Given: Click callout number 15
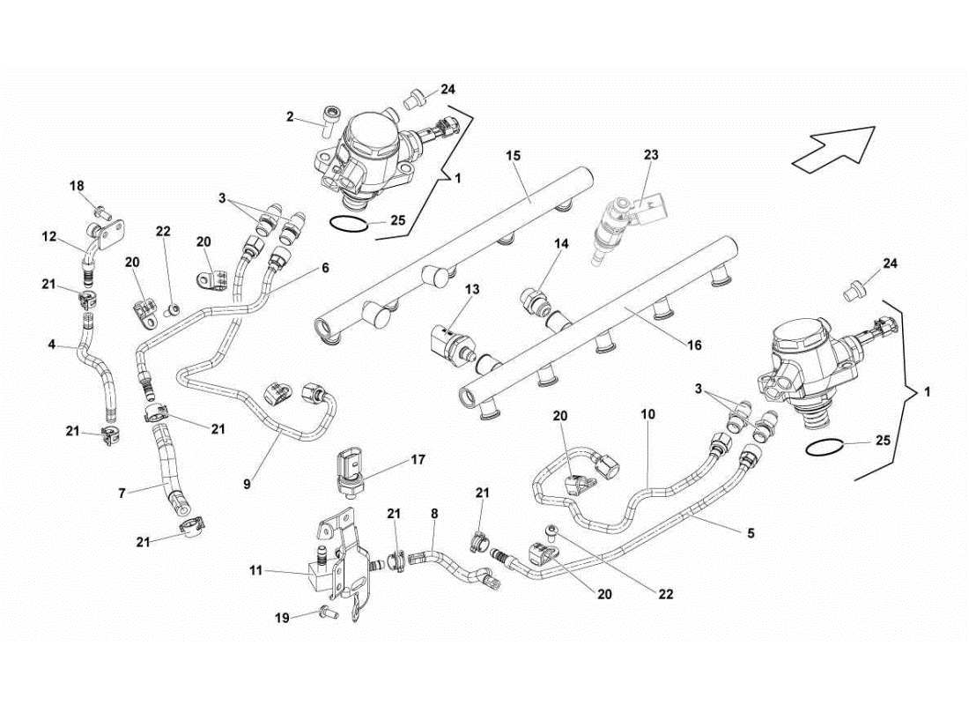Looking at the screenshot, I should pyautogui.click(x=514, y=156).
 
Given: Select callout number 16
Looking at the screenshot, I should pyautogui.click(x=694, y=345).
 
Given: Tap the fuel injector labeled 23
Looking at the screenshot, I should pyautogui.click(x=615, y=226).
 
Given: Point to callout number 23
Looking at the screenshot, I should pyautogui.click(x=650, y=155).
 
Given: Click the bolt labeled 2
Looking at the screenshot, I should pyautogui.click(x=330, y=119).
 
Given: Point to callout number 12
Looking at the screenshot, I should pyautogui.click(x=49, y=236).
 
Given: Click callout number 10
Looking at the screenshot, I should pyautogui.click(x=648, y=413).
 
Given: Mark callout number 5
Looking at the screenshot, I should pyautogui.click(x=750, y=533).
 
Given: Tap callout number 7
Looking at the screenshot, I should pyautogui.click(x=122, y=493).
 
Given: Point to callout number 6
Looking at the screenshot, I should pyautogui.click(x=325, y=267).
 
